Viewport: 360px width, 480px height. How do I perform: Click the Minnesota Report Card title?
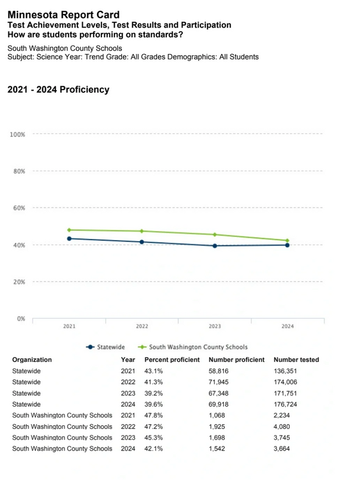(x=63, y=14)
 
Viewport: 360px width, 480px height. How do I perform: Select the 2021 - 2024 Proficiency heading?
(x=58, y=89)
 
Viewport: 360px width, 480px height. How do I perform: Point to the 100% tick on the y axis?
(x=17, y=134)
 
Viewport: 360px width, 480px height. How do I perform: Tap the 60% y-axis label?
(x=17, y=208)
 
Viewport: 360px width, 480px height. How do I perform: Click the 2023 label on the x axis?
(x=215, y=326)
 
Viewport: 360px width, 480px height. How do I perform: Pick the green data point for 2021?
(x=70, y=230)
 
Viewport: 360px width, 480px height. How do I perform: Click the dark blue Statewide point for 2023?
(x=215, y=245)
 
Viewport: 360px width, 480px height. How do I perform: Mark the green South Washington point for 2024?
(x=287, y=241)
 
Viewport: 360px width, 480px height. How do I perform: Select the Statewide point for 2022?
(x=142, y=242)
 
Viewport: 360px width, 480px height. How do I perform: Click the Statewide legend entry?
(x=107, y=347)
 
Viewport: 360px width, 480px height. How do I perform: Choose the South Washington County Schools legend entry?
(x=193, y=347)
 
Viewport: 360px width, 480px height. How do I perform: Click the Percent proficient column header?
(x=172, y=360)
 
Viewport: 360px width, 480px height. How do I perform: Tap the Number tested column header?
(x=296, y=360)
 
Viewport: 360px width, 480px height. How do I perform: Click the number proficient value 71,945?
(x=222, y=382)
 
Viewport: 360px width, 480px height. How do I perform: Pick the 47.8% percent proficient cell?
(x=154, y=415)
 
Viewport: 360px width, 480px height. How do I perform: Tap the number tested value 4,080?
(x=284, y=427)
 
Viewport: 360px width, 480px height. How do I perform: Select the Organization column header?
(x=32, y=360)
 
